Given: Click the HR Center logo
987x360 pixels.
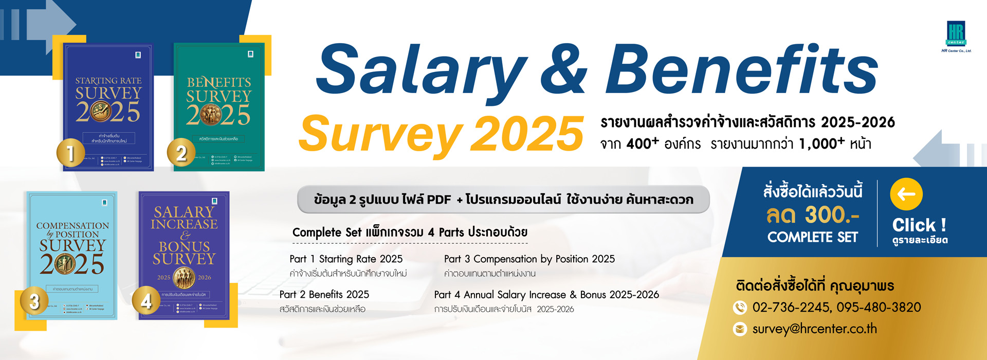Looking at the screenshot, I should click(x=956, y=34).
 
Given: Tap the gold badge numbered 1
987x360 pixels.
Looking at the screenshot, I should click(x=71, y=153).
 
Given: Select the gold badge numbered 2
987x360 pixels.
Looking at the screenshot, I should click(x=181, y=153).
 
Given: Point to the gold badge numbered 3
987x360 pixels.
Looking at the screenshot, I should click(x=34, y=301).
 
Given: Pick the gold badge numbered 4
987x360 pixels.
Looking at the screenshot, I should click(x=146, y=301).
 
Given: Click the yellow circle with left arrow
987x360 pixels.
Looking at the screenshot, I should click(x=906, y=194).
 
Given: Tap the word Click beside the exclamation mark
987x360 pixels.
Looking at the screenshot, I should click(x=913, y=225).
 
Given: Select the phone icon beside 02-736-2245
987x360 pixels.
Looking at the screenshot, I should click(x=740, y=308).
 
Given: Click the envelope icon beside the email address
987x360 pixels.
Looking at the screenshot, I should click(x=740, y=329).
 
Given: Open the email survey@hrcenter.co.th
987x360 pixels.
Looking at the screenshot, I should click(x=815, y=329).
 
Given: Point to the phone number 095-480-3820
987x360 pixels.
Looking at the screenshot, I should click(x=879, y=308).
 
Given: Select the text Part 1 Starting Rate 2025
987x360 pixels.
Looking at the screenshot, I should click(x=346, y=259).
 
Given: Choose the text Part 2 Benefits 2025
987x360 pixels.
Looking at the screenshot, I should click(x=324, y=295).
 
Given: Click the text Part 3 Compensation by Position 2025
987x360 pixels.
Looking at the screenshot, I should click(x=529, y=259).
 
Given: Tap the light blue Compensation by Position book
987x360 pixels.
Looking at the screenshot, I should click(x=72, y=255).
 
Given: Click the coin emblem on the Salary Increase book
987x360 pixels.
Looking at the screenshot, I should click(x=184, y=278).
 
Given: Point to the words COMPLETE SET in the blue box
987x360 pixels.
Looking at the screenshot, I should click(x=813, y=237).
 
